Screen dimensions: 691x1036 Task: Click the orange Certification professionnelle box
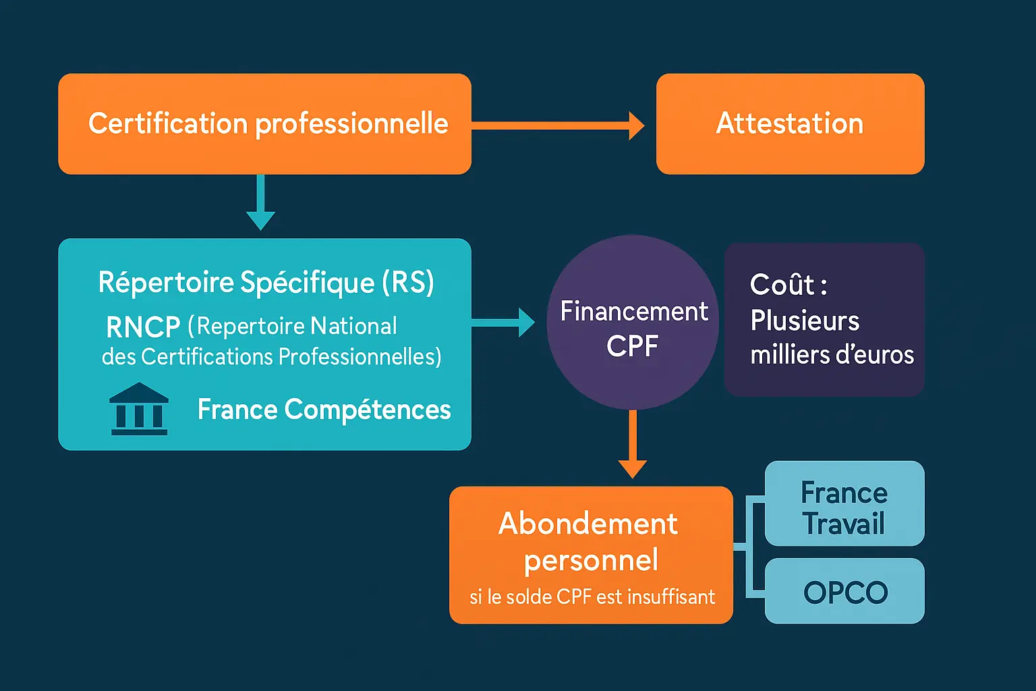tap(264, 124)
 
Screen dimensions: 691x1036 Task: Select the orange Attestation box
tap(790, 124)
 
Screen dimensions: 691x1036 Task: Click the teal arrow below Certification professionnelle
tap(260, 203)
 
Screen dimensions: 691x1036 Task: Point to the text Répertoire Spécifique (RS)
tap(266, 282)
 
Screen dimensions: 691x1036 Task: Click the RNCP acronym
tap(143, 328)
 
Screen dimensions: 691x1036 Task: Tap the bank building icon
tap(139, 409)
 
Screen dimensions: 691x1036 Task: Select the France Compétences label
tap(324, 410)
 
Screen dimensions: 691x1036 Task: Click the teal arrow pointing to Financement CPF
tap(503, 322)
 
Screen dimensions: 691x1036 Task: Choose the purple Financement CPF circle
tap(633, 323)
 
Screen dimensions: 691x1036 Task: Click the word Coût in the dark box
tap(782, 285)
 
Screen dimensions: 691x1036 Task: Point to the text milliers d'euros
tap(832, 355)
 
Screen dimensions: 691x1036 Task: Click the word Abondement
tap(588, 524)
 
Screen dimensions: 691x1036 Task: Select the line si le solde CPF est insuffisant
tap(592, 597)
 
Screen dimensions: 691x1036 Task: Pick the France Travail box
tap(844, 504)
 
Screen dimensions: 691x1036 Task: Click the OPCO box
tap(844, 592)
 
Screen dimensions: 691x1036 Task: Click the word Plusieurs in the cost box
tap(805, 321)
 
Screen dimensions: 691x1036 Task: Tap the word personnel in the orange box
tap(591, 561)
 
